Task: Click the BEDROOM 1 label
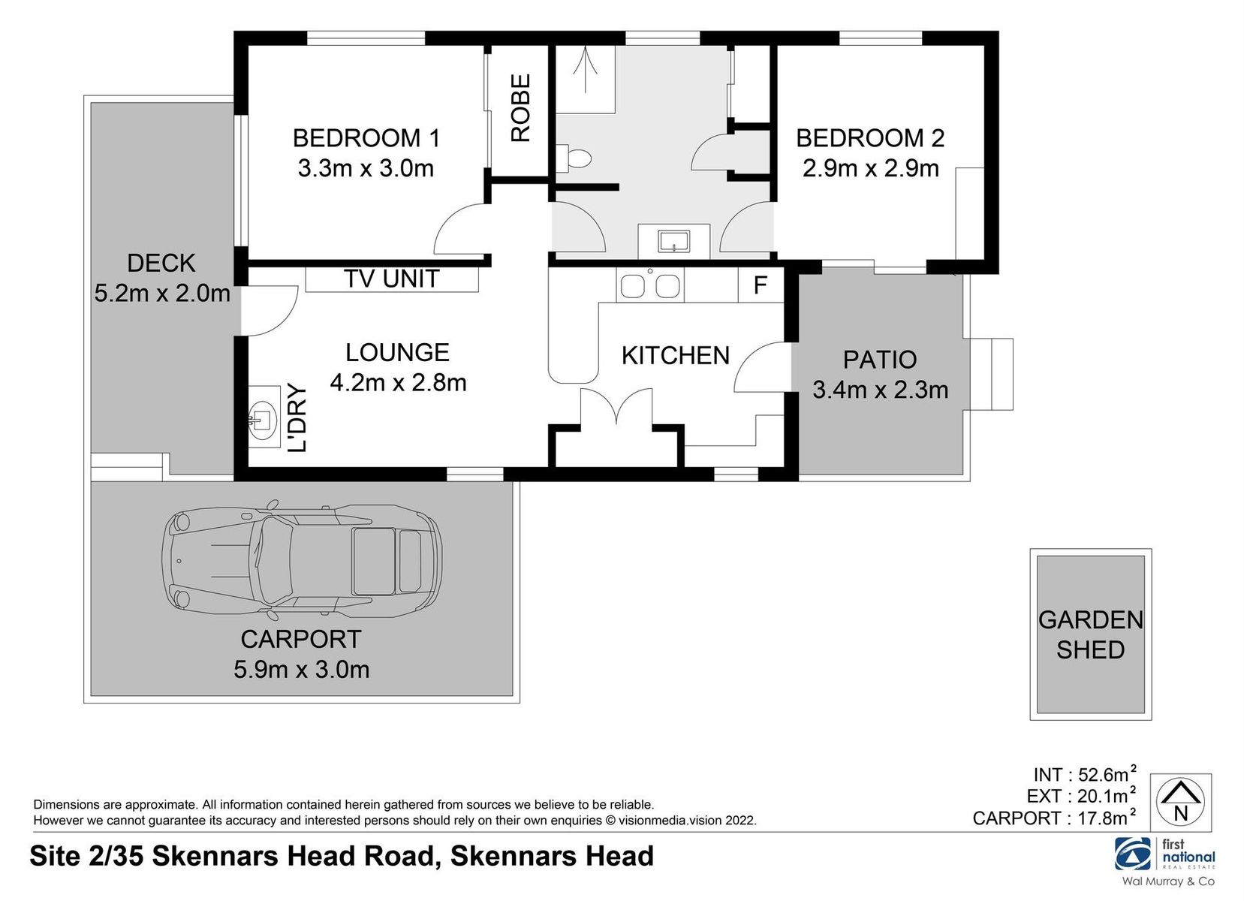pos(366,138)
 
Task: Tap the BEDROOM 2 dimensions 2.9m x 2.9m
pos(870,168)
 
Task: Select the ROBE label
pos(520,107)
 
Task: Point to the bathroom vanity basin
pos(673,241)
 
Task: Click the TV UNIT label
pos(391,279)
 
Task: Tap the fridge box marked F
pos(760,285)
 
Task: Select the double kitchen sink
pos(649,286)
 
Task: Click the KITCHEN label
pos(675,355)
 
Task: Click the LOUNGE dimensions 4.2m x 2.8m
pos(398,383)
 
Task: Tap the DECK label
pos(161,263)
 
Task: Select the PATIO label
pos(879,360)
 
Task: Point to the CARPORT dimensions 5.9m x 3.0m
pos(301,670)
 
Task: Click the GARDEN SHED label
pos(1090,634)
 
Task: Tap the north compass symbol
pos(1180,802)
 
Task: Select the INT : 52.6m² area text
pos(1084,774)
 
